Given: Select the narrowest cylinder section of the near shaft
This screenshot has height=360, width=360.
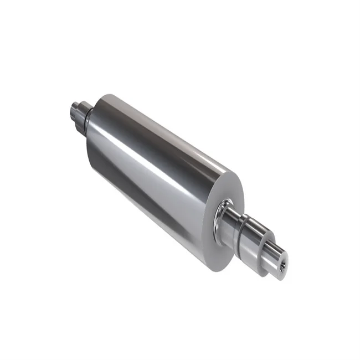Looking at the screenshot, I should pyautogui.click(x=271, y=254).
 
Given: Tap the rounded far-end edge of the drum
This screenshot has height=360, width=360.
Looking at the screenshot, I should pyautogui.click(x=102, y=100).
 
